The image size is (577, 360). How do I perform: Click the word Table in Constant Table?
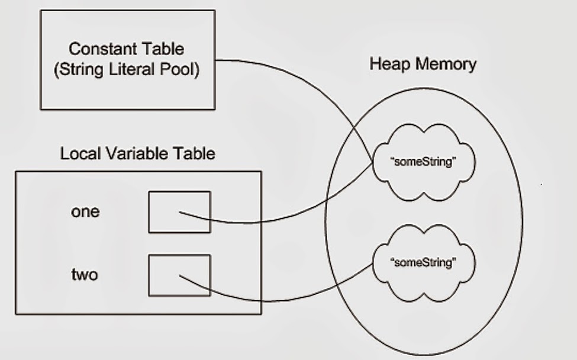coord(163,49)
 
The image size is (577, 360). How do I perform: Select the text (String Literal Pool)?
coord(127,70)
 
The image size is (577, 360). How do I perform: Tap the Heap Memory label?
coord(423,64)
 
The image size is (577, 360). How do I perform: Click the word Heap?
coord(388,64)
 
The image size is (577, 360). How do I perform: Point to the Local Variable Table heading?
coord(137,154)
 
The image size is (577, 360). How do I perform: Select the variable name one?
coord(85,212)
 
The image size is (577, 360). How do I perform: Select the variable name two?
coord(85,275)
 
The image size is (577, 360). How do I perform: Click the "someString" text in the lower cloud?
coord(424,263)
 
